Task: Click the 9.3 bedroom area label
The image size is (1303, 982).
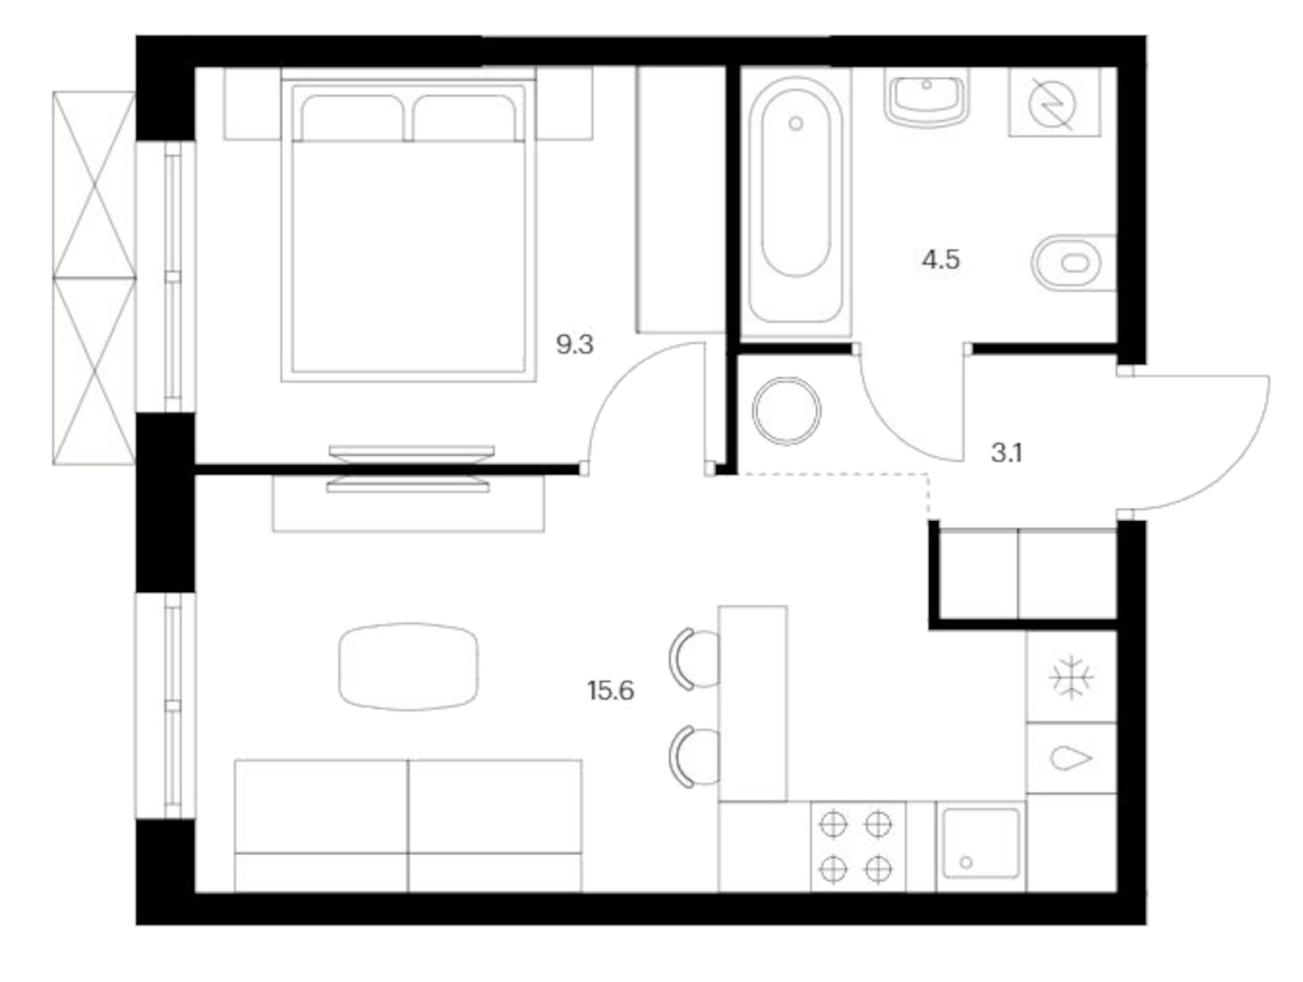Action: [574, 344]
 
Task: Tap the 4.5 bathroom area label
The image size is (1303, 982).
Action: [940, 259]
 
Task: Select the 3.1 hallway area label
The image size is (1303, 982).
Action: [1006, 453]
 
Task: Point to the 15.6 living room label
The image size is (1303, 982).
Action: [610, 690]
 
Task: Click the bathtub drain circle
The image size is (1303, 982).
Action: [796, 124]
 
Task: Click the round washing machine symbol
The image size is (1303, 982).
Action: [786, 410]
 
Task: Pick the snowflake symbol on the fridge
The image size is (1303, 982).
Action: [1071, 678]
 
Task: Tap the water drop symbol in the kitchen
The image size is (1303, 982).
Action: [1070, 758]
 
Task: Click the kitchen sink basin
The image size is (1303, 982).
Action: [981, 847]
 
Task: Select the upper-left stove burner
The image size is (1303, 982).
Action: [833, 824]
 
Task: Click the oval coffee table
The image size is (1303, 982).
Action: [408, 666]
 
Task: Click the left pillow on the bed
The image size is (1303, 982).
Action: [352, 118]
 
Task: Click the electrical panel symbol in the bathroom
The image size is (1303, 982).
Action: [1053, 103]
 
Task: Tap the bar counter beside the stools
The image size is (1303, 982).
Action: [752, 703]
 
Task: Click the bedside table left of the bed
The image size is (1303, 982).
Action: [252, 103]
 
